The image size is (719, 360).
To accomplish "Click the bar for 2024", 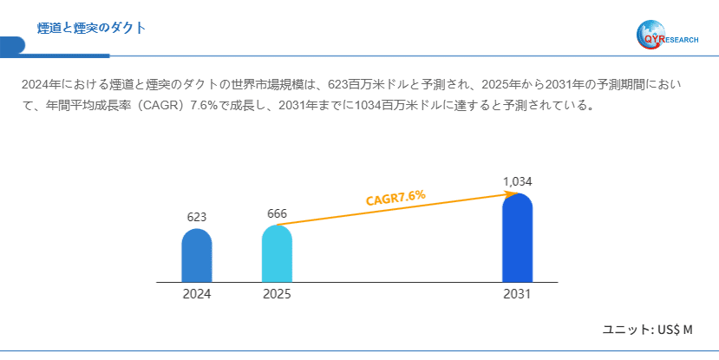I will click(x=197, y=256).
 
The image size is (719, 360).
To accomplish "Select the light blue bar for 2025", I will click(x=277, y=253).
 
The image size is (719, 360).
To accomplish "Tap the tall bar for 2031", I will click(x=517, y=238).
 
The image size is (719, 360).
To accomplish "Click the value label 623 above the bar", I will click(x=197, y=217).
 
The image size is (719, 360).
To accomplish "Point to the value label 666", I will click(x=277, y=213).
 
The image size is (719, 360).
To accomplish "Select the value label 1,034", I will click(x=517, y=181).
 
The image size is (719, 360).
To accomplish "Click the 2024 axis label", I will click(x=197, y=294).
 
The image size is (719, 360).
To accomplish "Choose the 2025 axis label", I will click(x=277, y=294).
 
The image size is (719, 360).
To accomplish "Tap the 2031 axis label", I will click(x=517, y=294).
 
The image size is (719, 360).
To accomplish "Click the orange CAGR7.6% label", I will click(x=395, y=198).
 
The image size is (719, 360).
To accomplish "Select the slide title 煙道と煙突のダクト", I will click(x=91, y=29).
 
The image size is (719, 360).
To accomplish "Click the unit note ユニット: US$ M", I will click(x=648, y=330).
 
